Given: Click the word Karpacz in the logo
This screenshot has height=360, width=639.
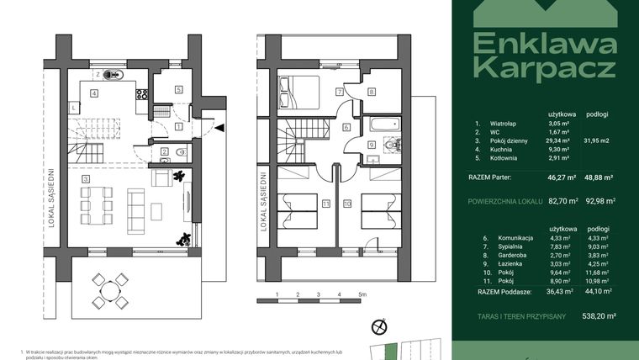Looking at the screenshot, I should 544,68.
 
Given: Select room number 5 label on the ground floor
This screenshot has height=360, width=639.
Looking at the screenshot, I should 179,90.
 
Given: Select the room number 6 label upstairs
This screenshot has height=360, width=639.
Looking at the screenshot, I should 346,127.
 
